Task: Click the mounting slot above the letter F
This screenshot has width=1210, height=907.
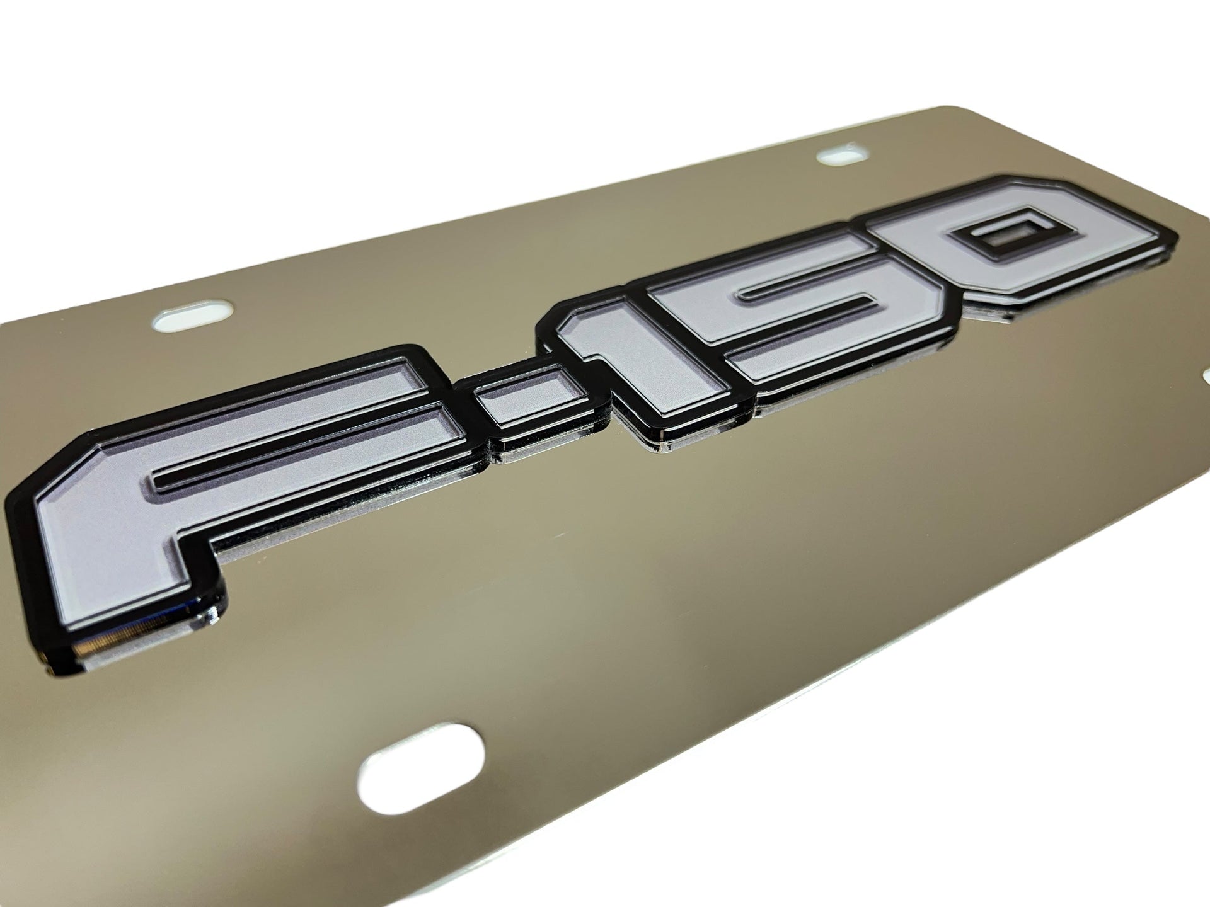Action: point(194,317)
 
